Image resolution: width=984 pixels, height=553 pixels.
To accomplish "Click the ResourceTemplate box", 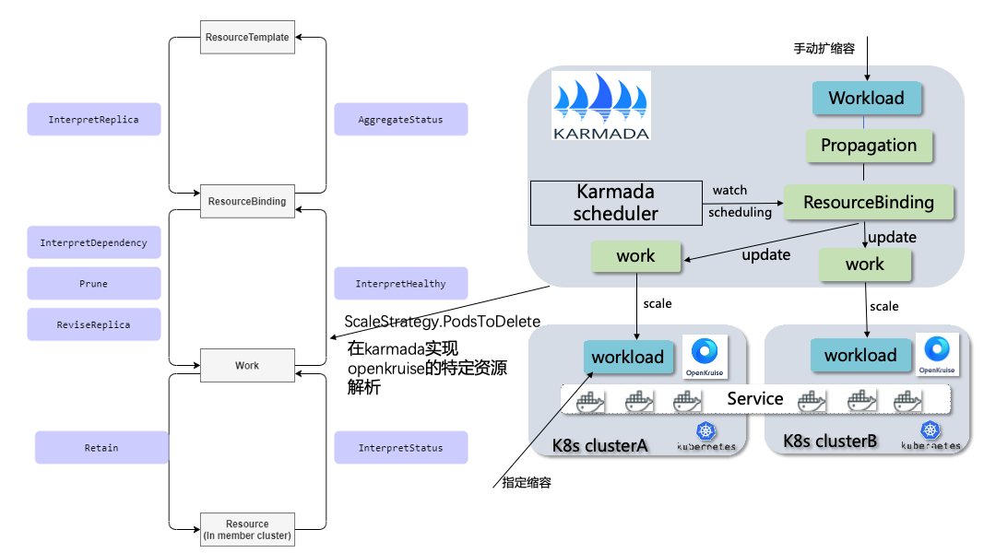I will [246, 38].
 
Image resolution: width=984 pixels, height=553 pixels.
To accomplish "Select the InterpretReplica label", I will [94, 120].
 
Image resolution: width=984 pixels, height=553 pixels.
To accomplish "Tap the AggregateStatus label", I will [400, 120].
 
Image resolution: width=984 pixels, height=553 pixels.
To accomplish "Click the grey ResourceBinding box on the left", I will [246, 201].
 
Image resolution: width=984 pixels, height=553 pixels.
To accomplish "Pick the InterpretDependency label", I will [94, 243].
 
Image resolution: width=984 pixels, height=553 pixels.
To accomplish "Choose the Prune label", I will [94, 284].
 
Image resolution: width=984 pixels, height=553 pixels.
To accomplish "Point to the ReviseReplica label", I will [94, 324].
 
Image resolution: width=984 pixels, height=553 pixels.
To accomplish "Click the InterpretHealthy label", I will [400, 284].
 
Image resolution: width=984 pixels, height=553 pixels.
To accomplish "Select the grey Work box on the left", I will [246, 366].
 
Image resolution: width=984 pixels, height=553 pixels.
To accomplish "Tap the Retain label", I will [101, 448].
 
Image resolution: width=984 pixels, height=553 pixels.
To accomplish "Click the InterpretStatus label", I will [400, 448].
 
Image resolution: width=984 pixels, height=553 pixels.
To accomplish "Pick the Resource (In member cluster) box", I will [246, 530].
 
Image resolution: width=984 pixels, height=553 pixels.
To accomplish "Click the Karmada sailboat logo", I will [601, 105].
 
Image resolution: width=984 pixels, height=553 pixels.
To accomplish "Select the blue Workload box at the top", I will [866, 98].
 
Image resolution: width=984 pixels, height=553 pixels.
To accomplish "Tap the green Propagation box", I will [869, 146].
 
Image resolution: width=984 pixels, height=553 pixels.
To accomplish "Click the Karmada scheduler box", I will [615, 203].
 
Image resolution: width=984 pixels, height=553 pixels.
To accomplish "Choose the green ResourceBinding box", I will [868, 202].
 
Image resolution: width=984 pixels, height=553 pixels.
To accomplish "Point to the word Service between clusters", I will [754, 399].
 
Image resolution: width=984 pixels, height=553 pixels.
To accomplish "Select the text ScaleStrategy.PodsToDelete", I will [442, 322].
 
